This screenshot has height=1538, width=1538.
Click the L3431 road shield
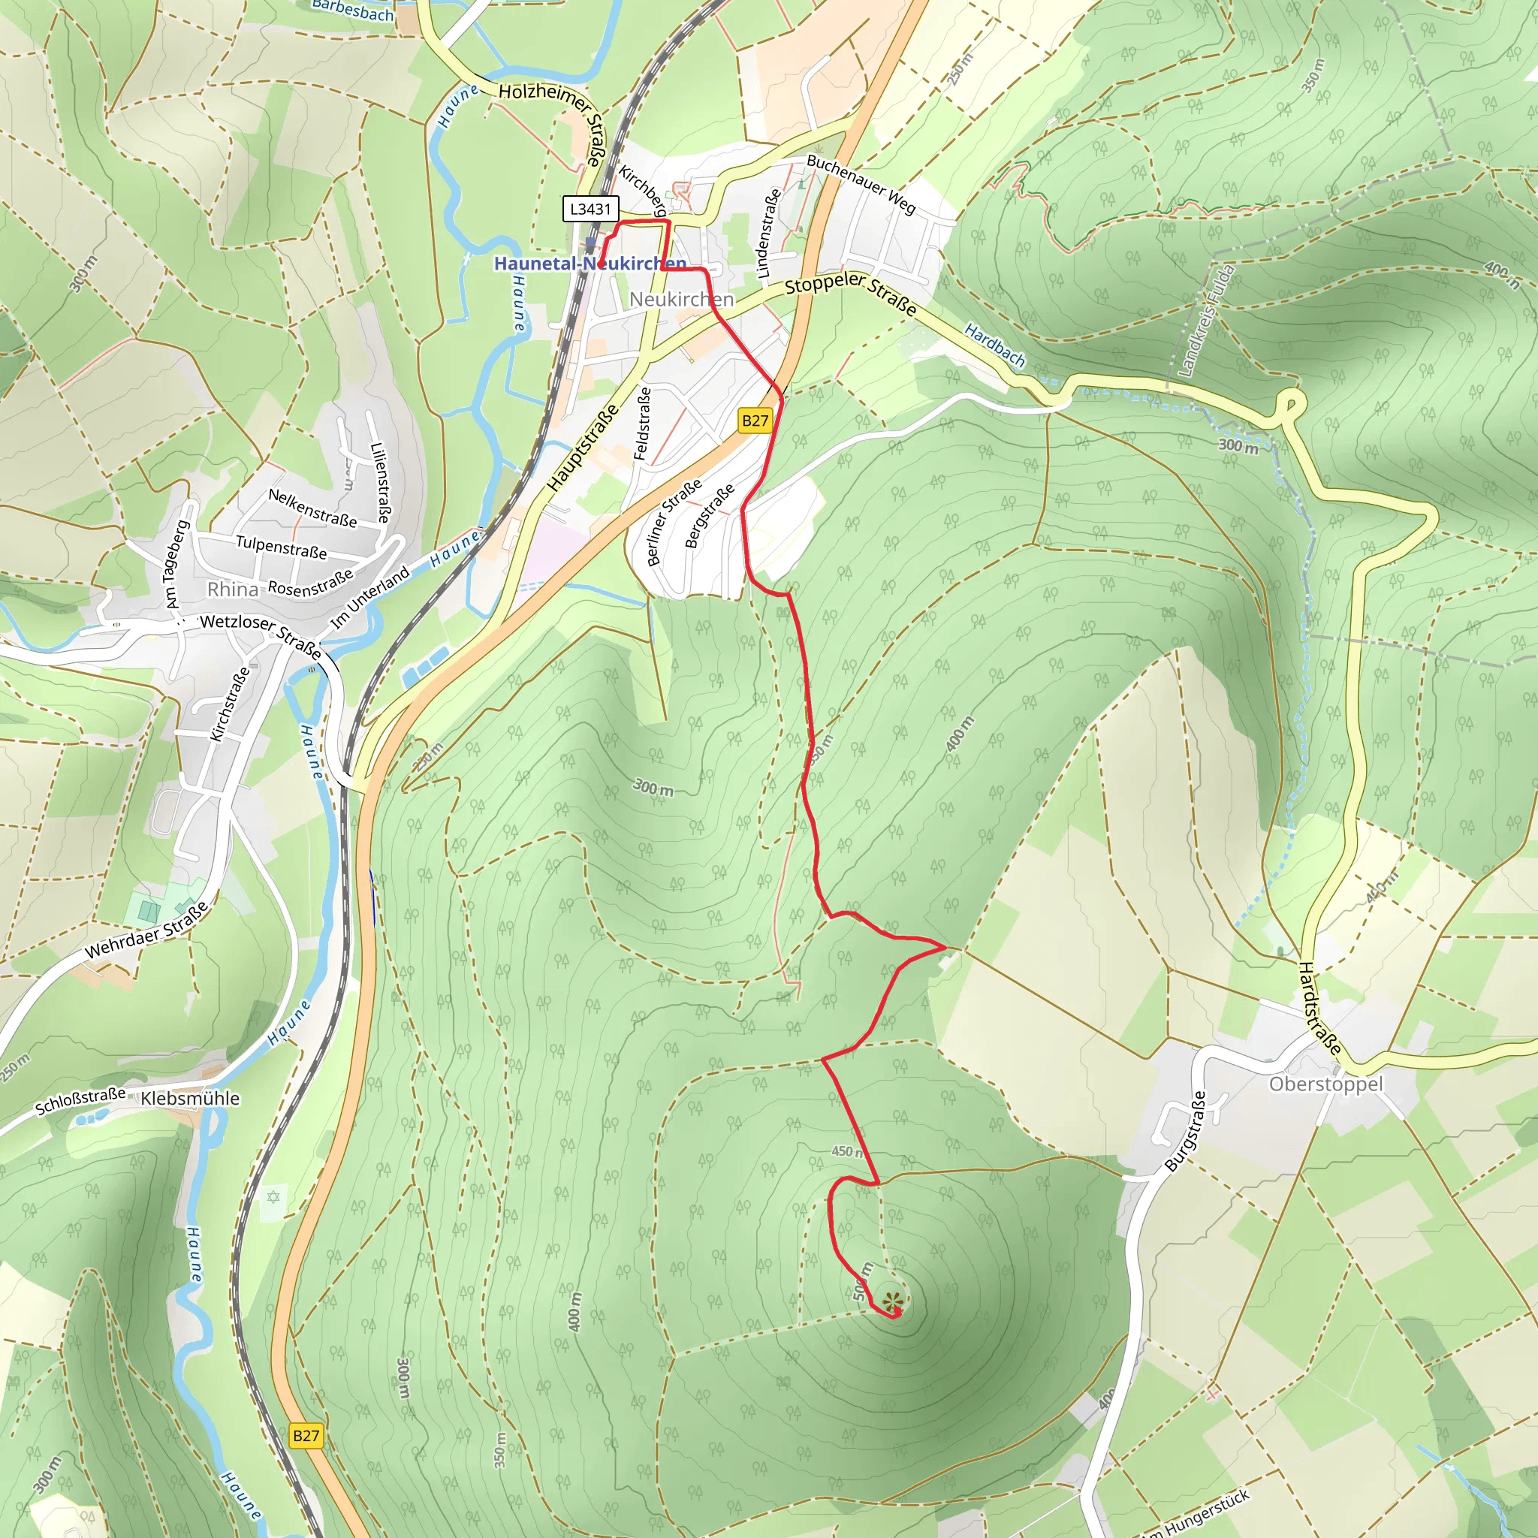(x=590, y=210)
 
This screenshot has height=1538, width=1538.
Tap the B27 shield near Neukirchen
(x=755, y=421)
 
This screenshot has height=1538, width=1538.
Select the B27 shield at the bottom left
(x=306, y=1436)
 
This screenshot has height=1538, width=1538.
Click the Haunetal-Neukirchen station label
(x=590, y=264)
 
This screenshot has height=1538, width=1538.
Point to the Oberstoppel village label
(x=1326, y=1084)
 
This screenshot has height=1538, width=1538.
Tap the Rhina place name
(x=233, y=590)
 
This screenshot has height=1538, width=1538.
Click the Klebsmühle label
(x=189, y=1099)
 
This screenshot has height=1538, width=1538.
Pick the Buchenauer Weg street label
(x=861, y=184)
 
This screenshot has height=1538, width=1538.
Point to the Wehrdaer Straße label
(x=146, y=930)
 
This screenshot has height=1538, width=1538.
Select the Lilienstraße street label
(x=380, y=482)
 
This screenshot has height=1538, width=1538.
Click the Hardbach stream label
(x=994, y=345)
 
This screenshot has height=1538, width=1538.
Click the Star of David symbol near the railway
(x=273, y=1197)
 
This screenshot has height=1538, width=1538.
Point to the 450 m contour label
(x=846, y=1152)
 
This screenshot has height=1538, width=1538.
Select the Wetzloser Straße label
(x=261, y=635)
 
